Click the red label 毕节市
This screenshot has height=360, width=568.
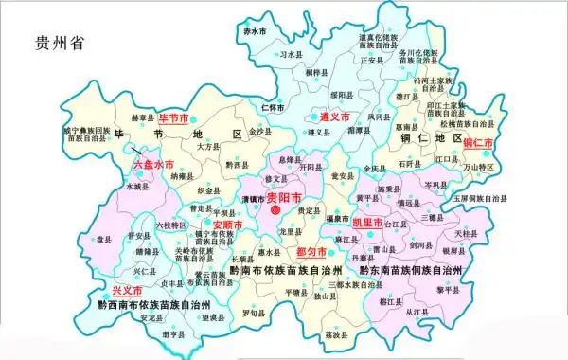pos(174,118)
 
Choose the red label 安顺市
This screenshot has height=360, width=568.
pos(227,225)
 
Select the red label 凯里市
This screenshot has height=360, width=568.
pos(367,222)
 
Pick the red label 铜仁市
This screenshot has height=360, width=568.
pos(480,142)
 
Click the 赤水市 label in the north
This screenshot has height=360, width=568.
pos(253,31)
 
